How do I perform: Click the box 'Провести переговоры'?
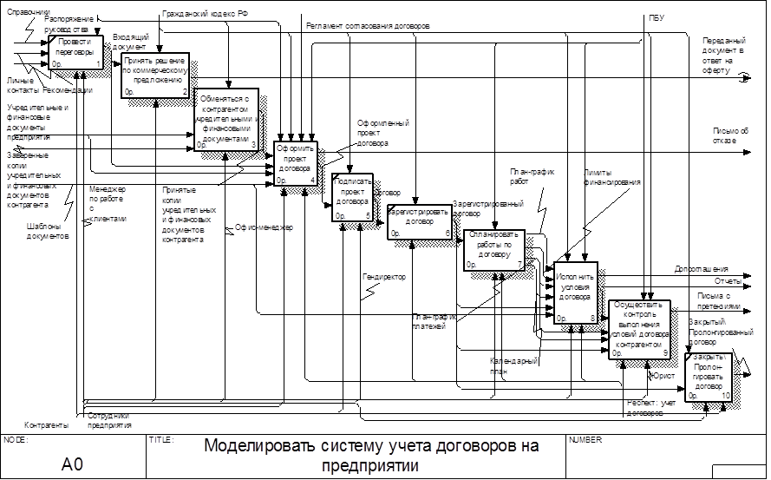76,53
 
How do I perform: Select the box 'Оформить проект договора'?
297,161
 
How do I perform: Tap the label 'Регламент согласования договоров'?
367,26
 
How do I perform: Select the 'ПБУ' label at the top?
657,17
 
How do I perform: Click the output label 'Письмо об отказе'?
719,135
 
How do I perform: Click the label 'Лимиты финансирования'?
612,178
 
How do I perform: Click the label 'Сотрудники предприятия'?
109,420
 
